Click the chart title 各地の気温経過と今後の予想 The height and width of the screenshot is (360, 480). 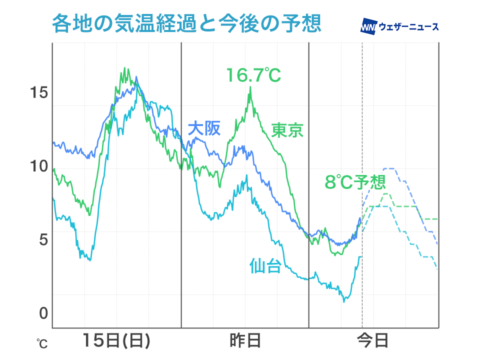pos(186,23)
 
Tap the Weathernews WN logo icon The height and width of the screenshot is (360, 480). pos(368,26)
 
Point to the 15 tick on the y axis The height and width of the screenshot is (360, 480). pos(38,92)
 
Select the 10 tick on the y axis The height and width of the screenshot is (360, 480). pos(38,166)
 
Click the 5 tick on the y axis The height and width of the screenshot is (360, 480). pos(43,239)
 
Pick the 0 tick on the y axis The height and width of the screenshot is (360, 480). pos(43,313)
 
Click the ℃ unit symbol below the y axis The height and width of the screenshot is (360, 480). pos(42,344)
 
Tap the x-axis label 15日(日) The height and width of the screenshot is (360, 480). pos(116,341)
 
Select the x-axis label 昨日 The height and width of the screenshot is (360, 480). pos(245,341)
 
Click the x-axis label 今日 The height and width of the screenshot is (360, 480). pos(373,341)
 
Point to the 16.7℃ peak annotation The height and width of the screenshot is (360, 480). pos(253,75)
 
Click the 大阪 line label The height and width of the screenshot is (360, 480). pos(203,129)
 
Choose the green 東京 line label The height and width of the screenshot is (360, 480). pos(287,130)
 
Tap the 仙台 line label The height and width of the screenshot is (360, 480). pos(265,265)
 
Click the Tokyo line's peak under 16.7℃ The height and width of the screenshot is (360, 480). pos(250,87)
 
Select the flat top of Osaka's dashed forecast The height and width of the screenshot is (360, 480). pos(389,169)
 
